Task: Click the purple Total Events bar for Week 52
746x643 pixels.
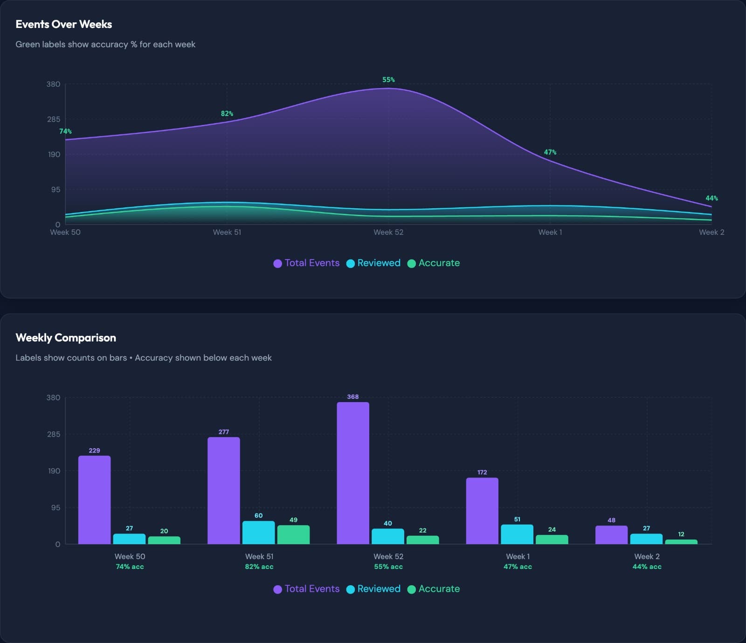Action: coord(353,473)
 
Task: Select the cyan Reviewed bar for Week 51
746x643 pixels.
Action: coord(258,533)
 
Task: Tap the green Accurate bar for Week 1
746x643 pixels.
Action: coord(552,540)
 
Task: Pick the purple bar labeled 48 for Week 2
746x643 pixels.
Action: coord(611,535)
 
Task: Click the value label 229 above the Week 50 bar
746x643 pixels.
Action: coord(94,451)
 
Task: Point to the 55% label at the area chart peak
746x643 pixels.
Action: coord(388,80)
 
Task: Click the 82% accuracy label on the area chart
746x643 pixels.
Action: coord(227,114)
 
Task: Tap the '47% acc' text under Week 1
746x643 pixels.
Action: coord(518,567)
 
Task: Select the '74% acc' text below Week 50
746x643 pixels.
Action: coord(130,567)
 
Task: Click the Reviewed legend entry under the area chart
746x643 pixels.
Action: coord(373,263)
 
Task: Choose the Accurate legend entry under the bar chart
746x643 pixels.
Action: coord(434,588)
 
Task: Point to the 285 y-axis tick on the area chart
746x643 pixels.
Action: coord(53,119)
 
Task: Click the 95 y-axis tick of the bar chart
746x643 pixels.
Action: coord(55,507)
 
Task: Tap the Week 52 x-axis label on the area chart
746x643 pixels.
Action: coord(388,232)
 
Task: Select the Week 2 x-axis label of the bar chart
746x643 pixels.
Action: coord(647,556)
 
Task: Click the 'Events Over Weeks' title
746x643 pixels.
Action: coord(64,24)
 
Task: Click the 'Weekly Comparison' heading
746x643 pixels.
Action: coord(66,338)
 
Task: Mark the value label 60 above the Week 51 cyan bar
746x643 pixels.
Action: coord(258,515)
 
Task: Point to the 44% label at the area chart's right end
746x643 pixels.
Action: coord(711,198)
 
